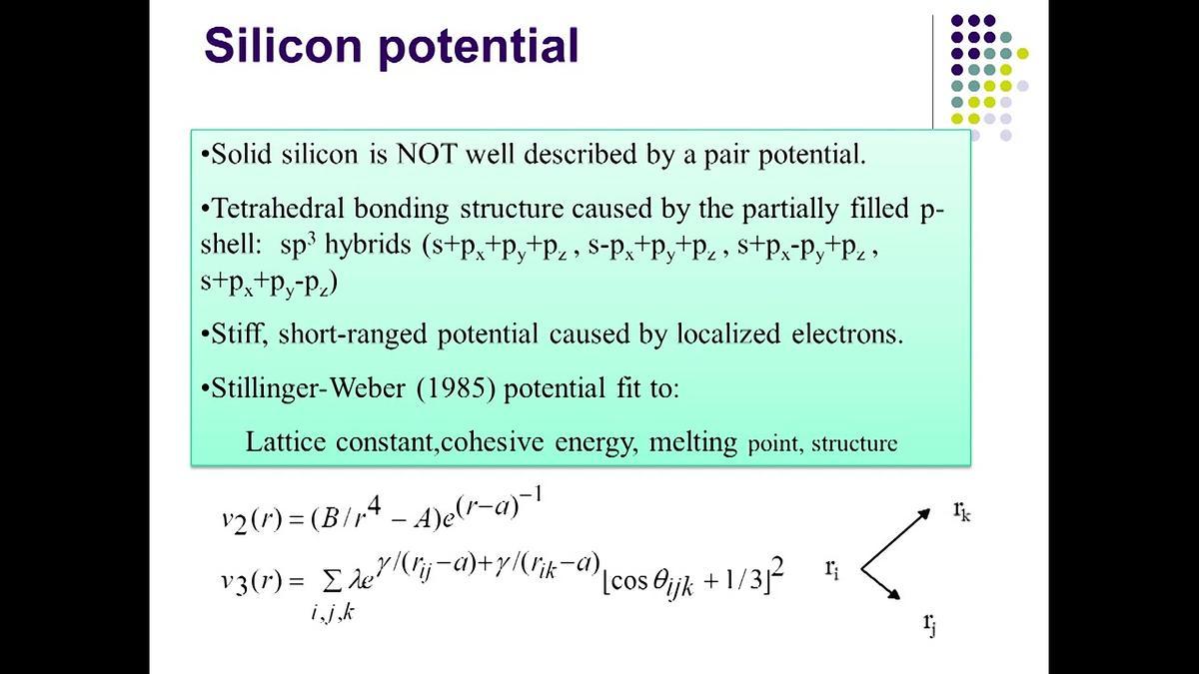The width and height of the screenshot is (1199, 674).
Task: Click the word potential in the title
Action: coord(479,48)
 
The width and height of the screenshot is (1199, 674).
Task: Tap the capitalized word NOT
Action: coord(427,154)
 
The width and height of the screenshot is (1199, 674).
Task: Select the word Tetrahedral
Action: coord(278,208)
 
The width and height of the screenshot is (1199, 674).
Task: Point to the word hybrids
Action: coord(368,245)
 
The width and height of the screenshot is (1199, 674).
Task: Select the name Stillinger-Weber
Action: coord(309,387)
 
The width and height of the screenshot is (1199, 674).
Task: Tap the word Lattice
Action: coord(286,441)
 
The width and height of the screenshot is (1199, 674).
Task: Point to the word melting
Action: coord(693,443)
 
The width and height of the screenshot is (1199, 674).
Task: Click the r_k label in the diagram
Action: coord(961,511)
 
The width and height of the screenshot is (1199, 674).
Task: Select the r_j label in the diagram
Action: coord(929,624)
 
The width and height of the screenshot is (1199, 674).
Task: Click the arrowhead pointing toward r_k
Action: coord(923,515)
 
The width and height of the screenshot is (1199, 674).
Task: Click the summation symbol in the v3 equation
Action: coord(332,583)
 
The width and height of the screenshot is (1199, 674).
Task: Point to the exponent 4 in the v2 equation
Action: coord(374,507)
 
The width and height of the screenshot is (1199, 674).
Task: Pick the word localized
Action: coord(728,334)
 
